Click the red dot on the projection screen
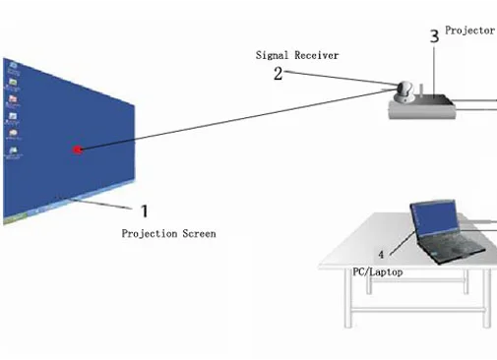(x=78, y=150)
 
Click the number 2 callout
(x=278, y=73)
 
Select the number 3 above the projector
(x=435, y=36)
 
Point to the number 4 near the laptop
(x=382, y=255)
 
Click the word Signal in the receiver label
(x=273, y=55)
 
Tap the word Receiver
(x=317, y=55)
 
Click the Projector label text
(x=469, y=30)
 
